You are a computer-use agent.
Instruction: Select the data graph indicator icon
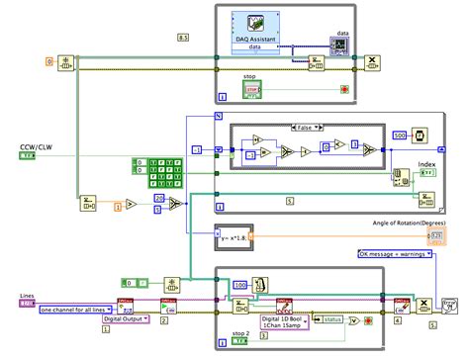(x=342, y=46)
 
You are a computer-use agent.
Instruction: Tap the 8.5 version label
(x=182, y=37)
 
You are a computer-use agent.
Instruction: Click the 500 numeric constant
(x=399, y=135)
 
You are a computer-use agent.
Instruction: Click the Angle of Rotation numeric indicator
(x=435, y=234)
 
